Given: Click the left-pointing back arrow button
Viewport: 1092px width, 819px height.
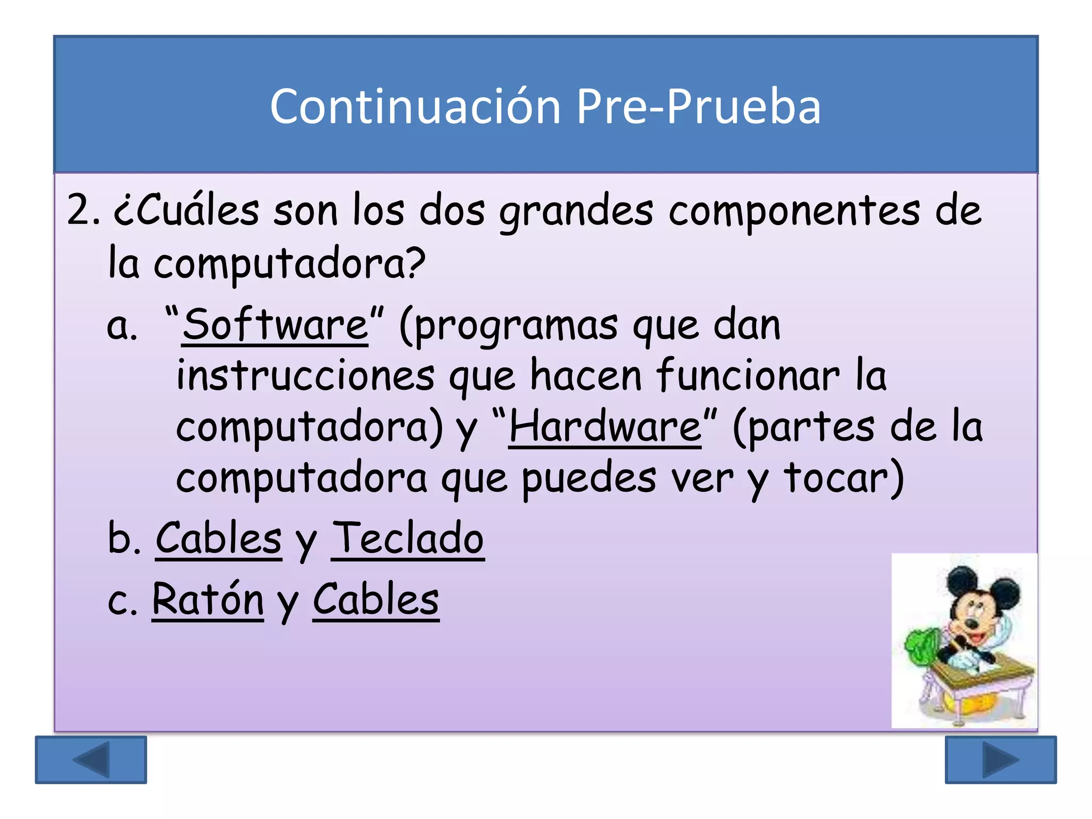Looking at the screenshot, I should coord(91,759).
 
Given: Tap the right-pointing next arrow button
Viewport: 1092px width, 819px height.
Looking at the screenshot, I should coord(1000,759).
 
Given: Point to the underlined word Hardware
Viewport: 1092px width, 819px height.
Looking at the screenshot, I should coord(605,427).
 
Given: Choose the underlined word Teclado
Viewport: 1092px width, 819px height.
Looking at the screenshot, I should coord(408,539).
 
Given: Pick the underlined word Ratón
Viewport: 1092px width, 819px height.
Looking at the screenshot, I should coord(208,599).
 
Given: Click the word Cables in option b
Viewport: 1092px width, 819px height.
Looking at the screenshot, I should coord(219,539).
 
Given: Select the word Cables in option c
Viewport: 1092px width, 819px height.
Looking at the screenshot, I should coord(376,599).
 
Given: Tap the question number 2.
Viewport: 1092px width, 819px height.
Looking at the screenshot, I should coord(83,210).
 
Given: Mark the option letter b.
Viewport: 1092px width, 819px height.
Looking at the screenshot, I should coord(123,539).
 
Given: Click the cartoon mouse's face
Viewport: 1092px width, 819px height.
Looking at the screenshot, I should coord(976,613).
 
